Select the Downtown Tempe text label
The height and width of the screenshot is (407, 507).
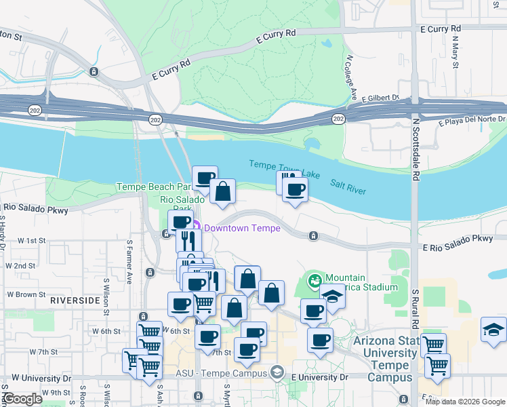(242, 228)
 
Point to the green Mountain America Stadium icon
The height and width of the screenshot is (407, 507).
(315, 278)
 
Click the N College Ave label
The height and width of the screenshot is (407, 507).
(351, 77)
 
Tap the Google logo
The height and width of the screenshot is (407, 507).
(22, 400)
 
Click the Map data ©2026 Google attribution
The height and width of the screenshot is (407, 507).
(465, 402)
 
